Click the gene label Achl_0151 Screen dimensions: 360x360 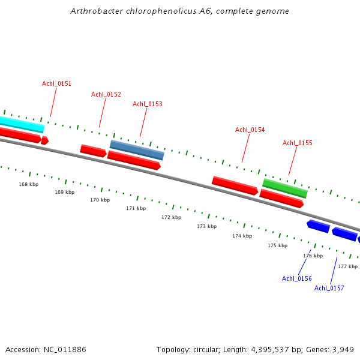(x=56, y=83)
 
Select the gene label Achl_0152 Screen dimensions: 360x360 (x=106, y=94)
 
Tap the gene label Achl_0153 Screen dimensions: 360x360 (x=147, y=104)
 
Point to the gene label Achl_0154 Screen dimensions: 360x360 (x=250, y=130)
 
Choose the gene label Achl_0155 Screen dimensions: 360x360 (x=297, y=143)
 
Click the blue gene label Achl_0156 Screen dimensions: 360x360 (x=296, y=278)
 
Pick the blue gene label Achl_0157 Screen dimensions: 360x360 (x=329, y=288)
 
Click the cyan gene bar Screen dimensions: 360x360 (x=22, y=124)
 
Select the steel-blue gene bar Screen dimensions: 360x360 (x=137, y=150)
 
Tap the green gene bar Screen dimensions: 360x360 (x=285, y=188)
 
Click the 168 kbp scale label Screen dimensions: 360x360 (x=28, y=184)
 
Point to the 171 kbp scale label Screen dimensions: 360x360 (x=136, y=208)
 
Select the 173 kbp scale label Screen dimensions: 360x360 (x=206, y=226)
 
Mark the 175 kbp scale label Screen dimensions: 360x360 (x=277, y=245)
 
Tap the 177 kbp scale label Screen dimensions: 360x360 (x=347, y=266)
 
